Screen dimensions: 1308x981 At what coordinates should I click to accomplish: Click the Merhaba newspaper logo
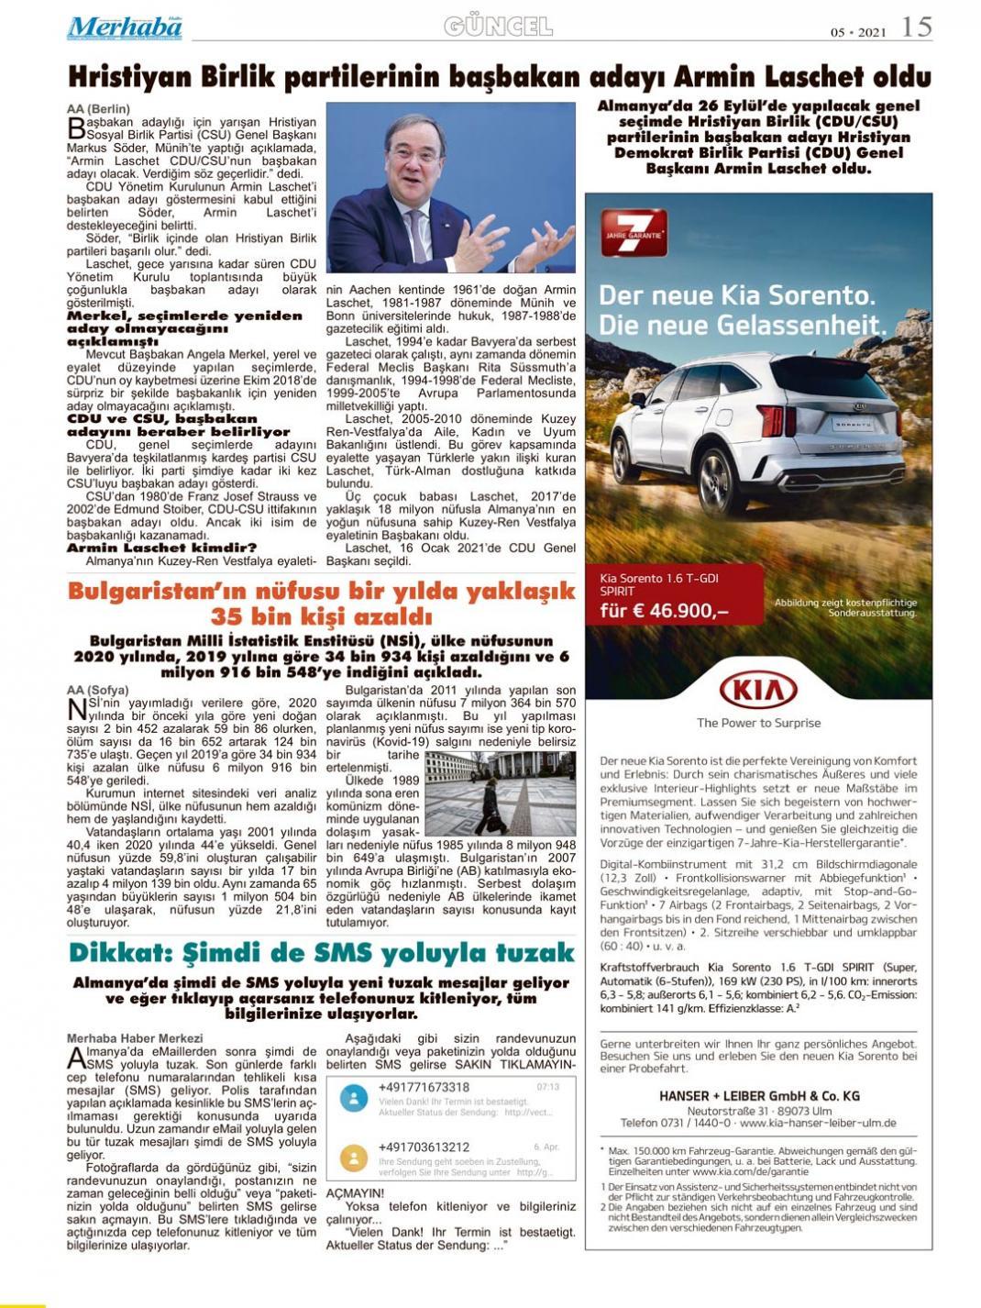click(124, 28)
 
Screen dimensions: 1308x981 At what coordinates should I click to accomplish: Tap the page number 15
click(916, 27)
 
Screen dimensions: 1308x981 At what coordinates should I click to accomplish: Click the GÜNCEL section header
click(499, 27)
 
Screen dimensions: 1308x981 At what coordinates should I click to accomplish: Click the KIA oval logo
click(758, 690)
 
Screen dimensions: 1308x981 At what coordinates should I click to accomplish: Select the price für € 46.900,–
click(665, 611)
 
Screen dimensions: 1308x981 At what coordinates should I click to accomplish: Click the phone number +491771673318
click(424, 1088)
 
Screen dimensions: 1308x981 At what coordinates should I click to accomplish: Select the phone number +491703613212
click(424, 1147)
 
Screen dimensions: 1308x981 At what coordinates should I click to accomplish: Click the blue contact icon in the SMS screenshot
click(353, 1098)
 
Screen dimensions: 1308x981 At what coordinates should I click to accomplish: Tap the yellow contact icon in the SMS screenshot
click(353, 1157)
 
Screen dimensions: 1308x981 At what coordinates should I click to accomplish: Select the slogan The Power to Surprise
click(758, 723)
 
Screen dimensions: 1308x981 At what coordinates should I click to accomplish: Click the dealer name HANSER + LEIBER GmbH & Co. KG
click(758, 1095)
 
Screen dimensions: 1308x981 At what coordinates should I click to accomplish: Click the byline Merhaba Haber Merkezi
click(135, 1038)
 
